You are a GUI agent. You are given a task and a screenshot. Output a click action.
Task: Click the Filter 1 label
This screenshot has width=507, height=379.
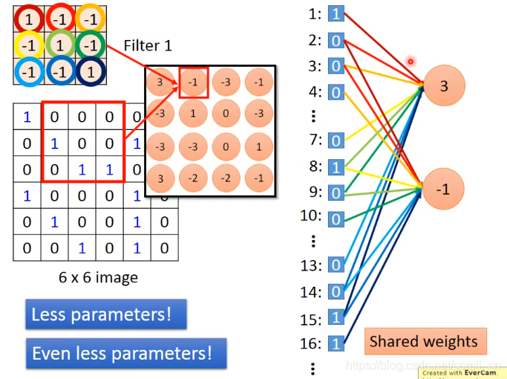pyautogui.click(x=148, y=45)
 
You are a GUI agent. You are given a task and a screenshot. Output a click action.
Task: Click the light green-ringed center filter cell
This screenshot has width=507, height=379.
pyautogui.click(x=59, y=46)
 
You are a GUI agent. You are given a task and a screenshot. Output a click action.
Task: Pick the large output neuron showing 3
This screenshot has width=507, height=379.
pyautogui.click(x=444, y=86)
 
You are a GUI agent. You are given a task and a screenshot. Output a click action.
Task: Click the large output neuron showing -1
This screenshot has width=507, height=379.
pyautogui.click(x=443, y=189)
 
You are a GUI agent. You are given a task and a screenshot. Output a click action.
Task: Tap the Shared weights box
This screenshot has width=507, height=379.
pyautogui.click(x=425, y=342)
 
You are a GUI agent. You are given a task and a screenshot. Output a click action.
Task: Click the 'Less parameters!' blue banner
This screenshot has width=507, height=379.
pyautogui.click(x=105, y=314)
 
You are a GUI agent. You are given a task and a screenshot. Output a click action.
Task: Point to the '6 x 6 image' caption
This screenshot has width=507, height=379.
pyautogui.click(x=98, y=279)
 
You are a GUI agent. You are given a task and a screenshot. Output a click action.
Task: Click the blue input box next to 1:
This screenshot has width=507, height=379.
pyautogui.click(x=336, y=13)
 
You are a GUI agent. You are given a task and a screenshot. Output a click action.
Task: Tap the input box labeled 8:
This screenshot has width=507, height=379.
pyautogui.click(x=336, y=166)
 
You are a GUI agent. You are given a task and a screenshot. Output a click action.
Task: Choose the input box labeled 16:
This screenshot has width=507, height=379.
pyautogui.click(x=336, y=343)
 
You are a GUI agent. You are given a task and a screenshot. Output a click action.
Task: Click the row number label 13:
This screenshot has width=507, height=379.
pyautogui.click(x=311, y=265)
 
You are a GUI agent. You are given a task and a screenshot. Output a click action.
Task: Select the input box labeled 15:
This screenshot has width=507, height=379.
pyautogui.click(x=336, y=317)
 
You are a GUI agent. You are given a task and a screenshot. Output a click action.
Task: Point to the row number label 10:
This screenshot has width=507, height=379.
pyautogui.click(x=311, y=216)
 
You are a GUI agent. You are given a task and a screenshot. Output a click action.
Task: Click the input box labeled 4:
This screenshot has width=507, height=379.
pyautogui.click(x=336, y=92)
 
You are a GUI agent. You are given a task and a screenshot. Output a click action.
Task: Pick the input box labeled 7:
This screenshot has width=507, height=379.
pyautogui.click(x=336, y=140)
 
